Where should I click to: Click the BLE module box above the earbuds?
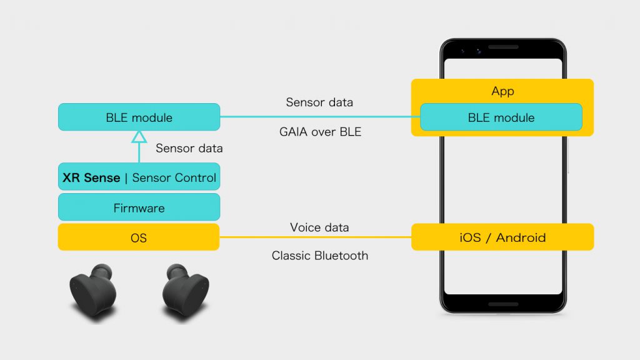pos(139,117)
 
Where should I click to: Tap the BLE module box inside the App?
pos(501,117)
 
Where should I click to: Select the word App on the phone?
pos(502,91)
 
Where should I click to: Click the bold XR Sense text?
pos(91,177)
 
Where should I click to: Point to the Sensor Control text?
pos(174,177)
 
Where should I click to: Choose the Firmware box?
pos(139,207)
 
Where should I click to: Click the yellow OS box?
pos(139,237)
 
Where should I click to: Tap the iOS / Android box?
pos(502,237)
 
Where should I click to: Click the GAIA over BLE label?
pos(321,132)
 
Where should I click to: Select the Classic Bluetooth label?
pos(320,256)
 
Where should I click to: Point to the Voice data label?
pos(319,227)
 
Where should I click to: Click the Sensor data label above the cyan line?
pos(319,102)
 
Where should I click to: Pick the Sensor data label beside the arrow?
pos(189,148)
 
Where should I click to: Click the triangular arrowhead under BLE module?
pos(139,137)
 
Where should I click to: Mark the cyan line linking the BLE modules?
pos(320,117)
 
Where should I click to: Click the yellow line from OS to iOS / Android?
pos(316,237)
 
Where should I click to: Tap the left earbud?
pos(94,290)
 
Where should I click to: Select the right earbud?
pos(185,290)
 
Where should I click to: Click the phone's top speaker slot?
pos(503,47)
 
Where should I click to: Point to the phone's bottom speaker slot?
pos(503,304)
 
